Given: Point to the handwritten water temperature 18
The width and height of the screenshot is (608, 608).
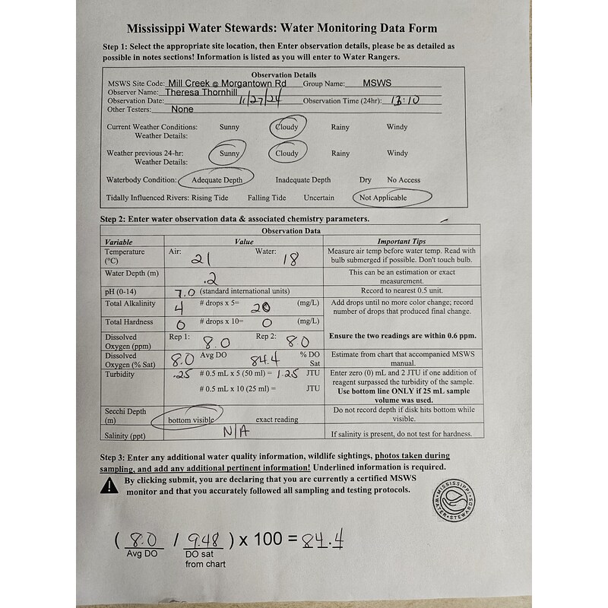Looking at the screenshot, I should pos(291,260).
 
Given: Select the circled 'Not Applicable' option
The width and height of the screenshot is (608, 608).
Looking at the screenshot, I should pos(384,198).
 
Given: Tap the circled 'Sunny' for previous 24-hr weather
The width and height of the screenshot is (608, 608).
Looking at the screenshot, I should pos(229,153).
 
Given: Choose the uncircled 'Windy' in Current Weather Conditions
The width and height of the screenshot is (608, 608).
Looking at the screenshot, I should pos(397,127).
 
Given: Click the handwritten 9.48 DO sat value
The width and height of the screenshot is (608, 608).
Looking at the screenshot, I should pos(204,540).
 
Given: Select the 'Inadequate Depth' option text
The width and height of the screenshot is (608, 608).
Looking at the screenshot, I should pos(302,180).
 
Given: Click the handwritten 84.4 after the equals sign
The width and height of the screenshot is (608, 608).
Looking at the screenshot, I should pos(320,540).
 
